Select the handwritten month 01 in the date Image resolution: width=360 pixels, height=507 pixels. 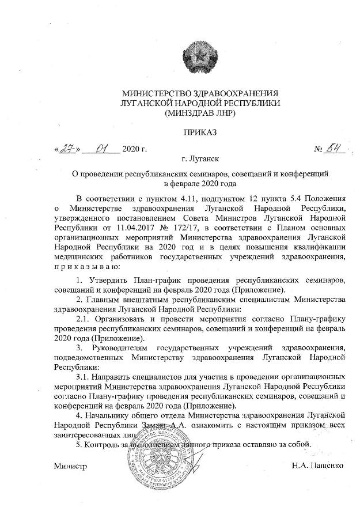(x=103, y=149)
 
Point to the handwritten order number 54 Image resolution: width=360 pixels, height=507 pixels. (x=335, y=149)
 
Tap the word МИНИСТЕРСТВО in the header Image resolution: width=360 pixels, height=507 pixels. (x=156, y=93)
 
